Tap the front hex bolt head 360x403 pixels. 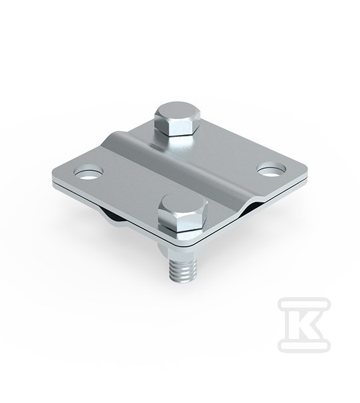click(x=183, y=213)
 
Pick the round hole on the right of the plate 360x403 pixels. click(x=272, y=170)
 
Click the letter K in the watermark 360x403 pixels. click(x=304, y=325)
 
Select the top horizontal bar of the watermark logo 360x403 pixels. click(x=304, y=304)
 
